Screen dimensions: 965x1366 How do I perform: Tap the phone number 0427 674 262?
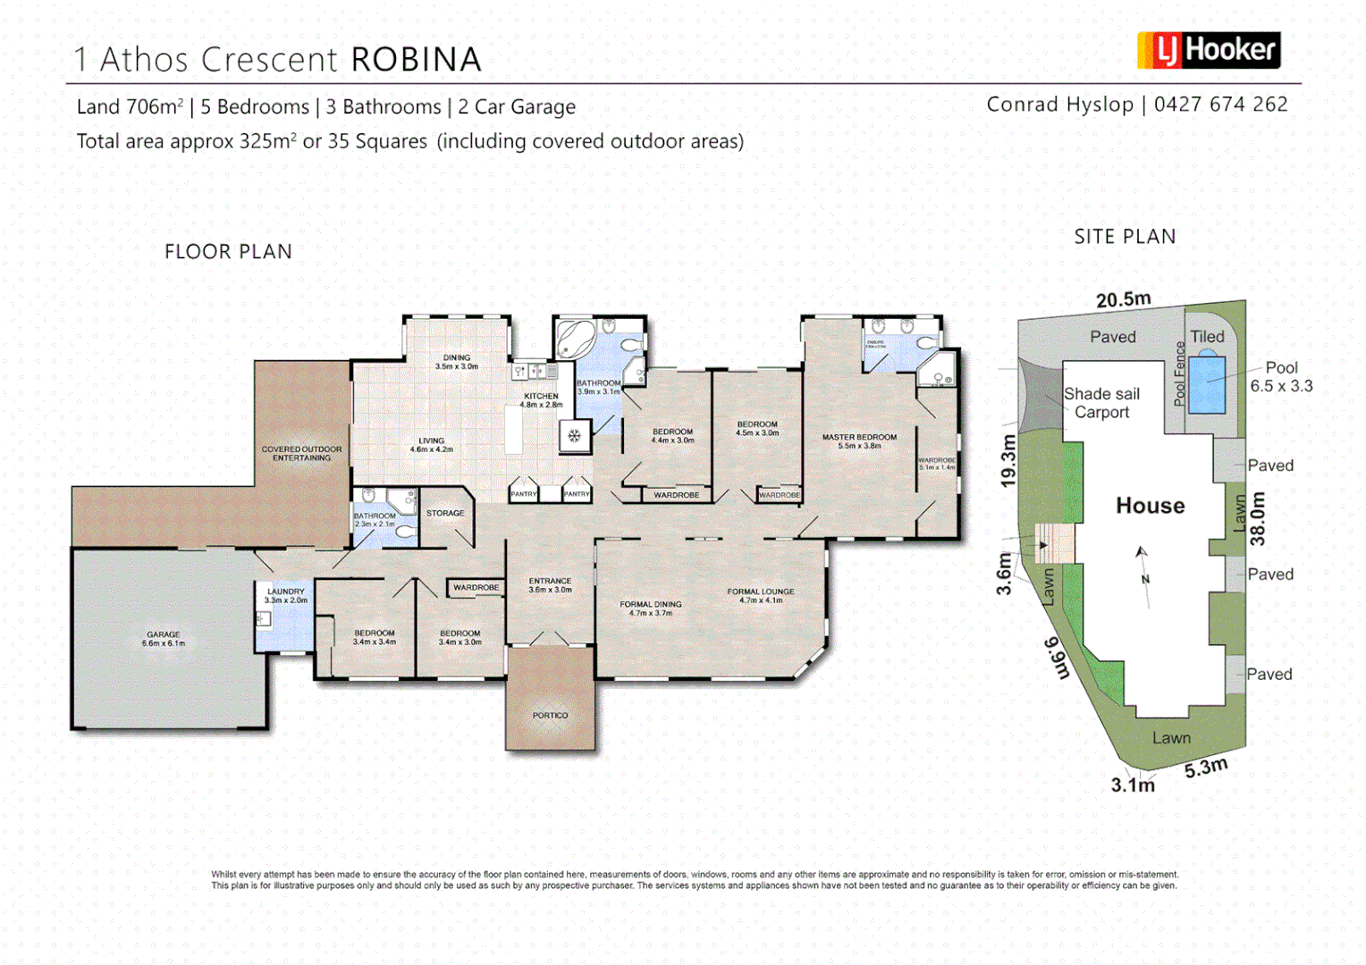click(1220, 105)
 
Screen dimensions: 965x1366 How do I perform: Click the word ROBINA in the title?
click(416, 60)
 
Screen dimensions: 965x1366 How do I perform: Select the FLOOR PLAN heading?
click(228, 252)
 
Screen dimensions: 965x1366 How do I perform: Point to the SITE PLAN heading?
click(1125, 237)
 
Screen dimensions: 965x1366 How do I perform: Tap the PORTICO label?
click(550, 715)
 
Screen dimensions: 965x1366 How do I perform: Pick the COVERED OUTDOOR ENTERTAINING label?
click(301, 453)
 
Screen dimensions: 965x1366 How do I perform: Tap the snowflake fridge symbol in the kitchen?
click(574, 436)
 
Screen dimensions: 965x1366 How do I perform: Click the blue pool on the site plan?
click(1207, 382)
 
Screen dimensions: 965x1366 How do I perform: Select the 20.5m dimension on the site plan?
click(1123, 299)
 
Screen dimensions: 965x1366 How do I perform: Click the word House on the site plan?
click(1150, 506)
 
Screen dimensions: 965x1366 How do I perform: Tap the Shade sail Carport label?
click(1101, 403)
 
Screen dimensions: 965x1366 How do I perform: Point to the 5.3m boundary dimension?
click(1206, 768)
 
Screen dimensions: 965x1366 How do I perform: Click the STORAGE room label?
click(445, 513)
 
